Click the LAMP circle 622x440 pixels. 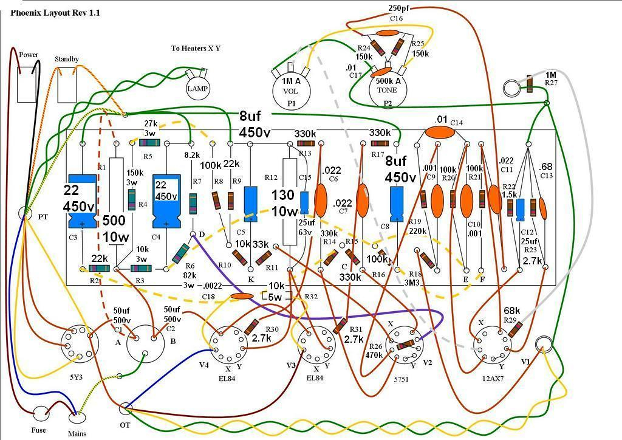[197, 89]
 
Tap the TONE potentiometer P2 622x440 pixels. [388, 85]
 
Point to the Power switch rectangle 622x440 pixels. [27, 84]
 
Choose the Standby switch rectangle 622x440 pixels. [67, 86]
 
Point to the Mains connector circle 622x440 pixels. [77, 418]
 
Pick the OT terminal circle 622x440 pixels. [125, 408]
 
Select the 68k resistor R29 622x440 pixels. [516, 329]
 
